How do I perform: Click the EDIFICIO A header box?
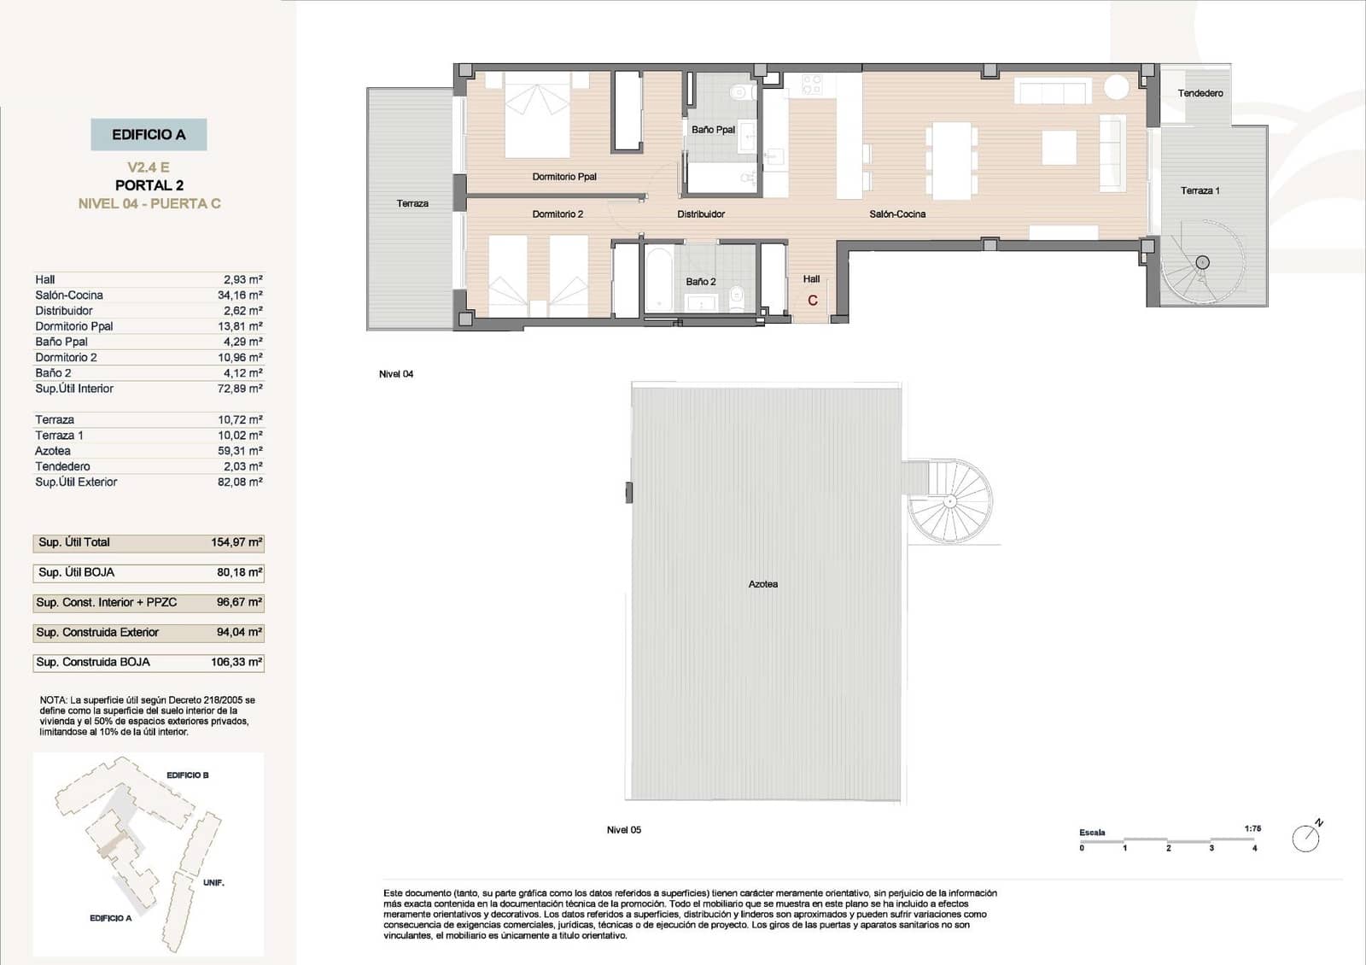149,135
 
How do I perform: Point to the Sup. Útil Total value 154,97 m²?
236,542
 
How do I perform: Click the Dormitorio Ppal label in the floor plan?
564,177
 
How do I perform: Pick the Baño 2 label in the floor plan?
701,282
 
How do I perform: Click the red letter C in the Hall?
813,301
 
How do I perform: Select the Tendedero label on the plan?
1200,93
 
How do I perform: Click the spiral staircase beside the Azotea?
950,502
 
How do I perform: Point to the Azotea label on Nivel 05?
762,584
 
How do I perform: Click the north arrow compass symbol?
1306,838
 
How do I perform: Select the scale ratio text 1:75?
1252,828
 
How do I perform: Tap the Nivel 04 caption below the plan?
396,374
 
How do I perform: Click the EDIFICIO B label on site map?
187,775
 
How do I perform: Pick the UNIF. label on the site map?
213,882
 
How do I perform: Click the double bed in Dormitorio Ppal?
537,115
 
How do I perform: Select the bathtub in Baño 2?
660,279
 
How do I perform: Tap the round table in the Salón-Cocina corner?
1116,87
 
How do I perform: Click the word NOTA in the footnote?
53,700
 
